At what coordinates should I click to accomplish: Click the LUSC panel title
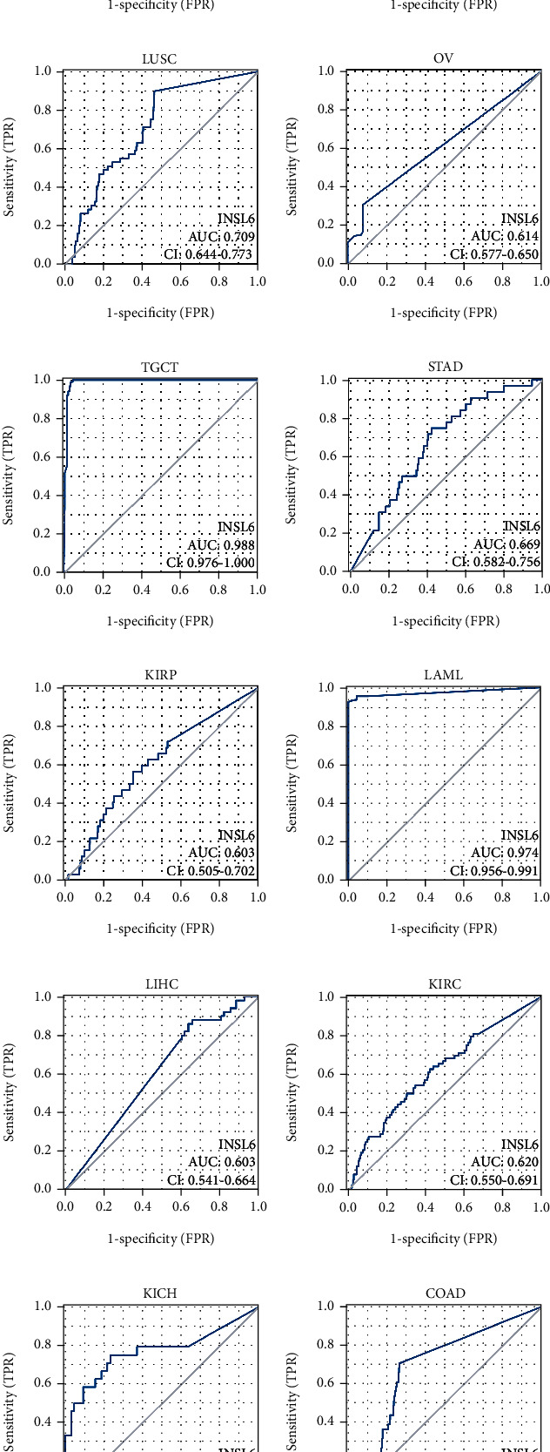point(159,58)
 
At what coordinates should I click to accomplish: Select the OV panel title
point(444,58)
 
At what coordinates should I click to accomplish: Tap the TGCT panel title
point(160,367)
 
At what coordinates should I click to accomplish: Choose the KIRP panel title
point(160,675)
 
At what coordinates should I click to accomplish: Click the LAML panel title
point(444,675)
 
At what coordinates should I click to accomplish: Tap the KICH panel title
point(160,1293)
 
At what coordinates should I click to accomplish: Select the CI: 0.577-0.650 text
point(494,254)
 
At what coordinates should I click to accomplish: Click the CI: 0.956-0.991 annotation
point(494,870)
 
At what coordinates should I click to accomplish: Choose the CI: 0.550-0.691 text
point(494,1180)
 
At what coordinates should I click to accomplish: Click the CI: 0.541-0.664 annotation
point(211,1180)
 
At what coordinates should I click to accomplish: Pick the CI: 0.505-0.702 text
point(211,870)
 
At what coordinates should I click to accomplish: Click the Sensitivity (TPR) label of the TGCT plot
point(9,475)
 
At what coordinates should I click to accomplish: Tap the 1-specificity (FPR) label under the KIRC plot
point(444,1238)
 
